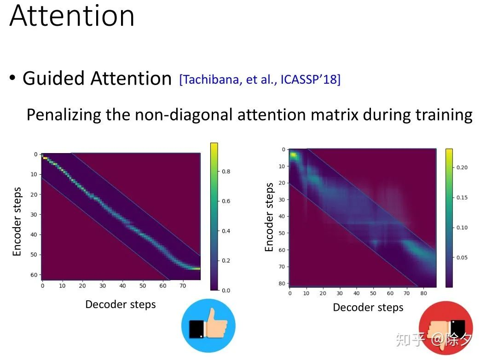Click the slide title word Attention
[x=72, y=16]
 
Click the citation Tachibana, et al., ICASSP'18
[x=260, y=80]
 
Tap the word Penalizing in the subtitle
[x=64, y=115]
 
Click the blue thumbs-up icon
[x=208, y=326]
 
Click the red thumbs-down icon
[x=445, y=328]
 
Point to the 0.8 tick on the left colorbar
[x=226, y=171]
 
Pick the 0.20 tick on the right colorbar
[x=462, y=167]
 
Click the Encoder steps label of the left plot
[x=17, y=222]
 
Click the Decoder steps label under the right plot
[x=368, y=308]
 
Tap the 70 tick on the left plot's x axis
[x=183, y=286]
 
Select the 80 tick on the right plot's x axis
[x=423, y=293]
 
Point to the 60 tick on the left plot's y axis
[x=34, y=275]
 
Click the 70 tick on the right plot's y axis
[x=282, y=267]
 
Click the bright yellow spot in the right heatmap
[x=293, y=155]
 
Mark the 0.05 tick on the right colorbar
[x=462, y=257]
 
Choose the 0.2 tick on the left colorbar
[x=226, y=261]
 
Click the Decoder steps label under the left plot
[x=121, y=304]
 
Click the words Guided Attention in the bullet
[x=97, y=78]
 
